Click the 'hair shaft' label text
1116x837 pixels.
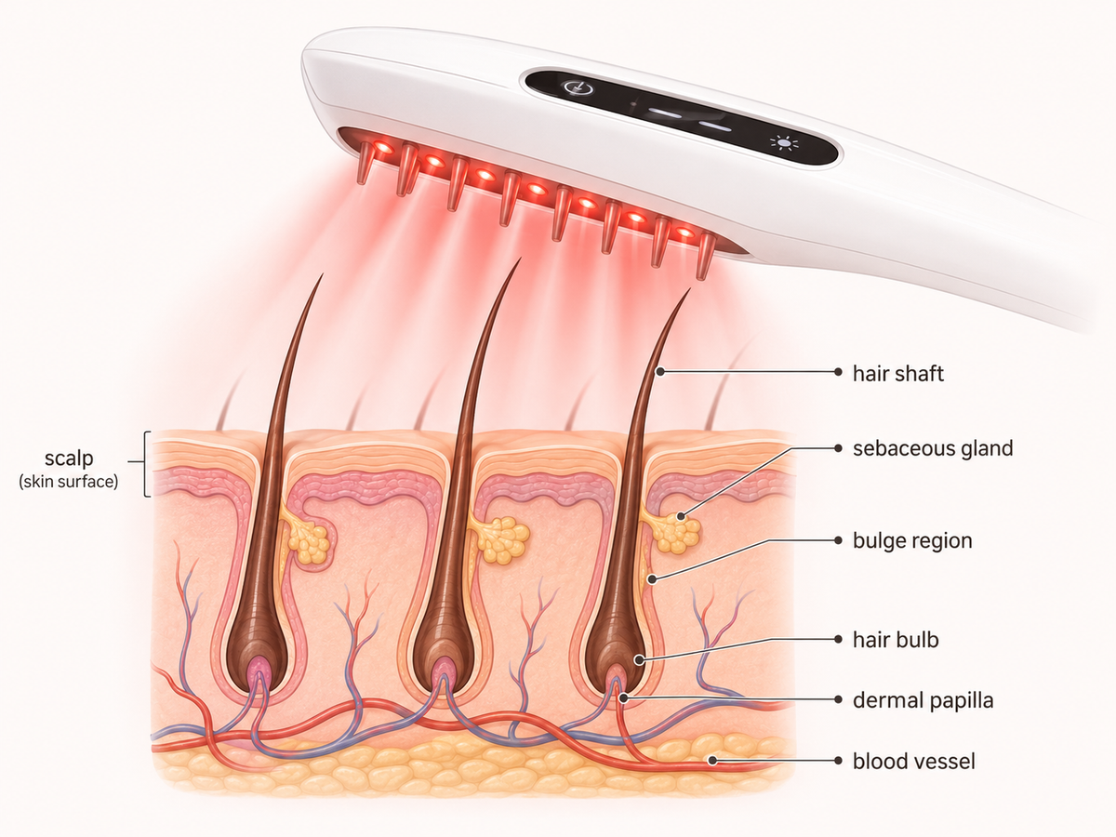pyautogui.click(x=897, y=374)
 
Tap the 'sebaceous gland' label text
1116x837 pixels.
pyautogui.click(x=933, y=448)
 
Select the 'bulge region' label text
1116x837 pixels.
pyautogui.click(x=912, y=540)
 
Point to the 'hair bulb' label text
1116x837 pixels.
pyautogui.click(x=896, y=639)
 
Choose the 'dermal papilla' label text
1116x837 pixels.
pyautogui.click(x=923, y=700)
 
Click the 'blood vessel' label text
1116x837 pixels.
pyautogui.click(x=913, y=762)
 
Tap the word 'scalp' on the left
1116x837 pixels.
pyautogui.click(x=69, y=458)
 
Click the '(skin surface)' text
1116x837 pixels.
pyautogui.click(x=68, y=481)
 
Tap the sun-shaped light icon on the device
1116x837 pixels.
pyautogui.click(x=784, y=143)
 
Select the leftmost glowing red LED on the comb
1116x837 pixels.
pyautogui.click(x=383, y=147)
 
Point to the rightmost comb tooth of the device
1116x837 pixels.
pyautogui.click(x=704, y=256)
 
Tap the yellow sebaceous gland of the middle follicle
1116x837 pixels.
pyautogui.click(x=499, y=539)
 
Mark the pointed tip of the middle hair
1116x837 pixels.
pyautogui.click(x=521, y=259)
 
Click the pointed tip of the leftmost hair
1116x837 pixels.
pyautogui.click(x=323, y=275)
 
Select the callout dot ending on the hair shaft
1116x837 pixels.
pyautogui.click(x=660, y=371)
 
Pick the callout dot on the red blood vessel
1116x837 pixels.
pyautogui.click(x=712, y=760)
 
